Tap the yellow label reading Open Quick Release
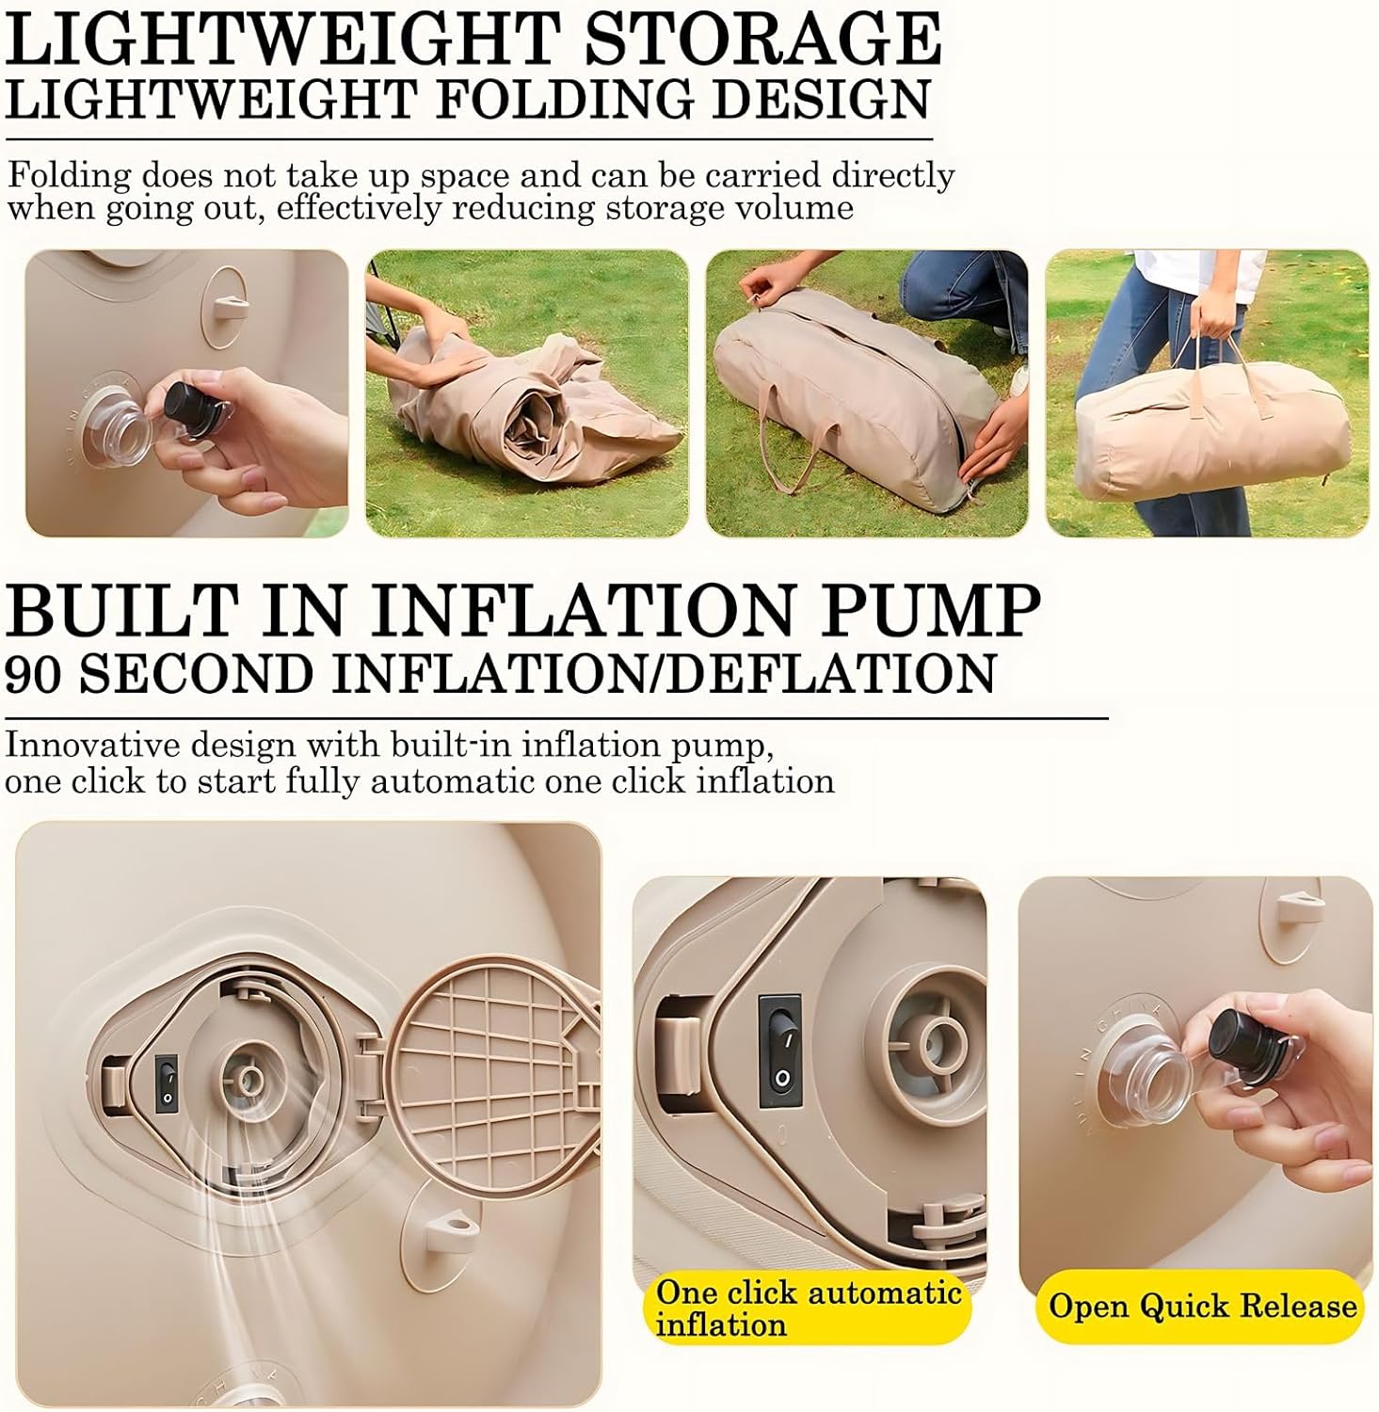click(1202, 1306)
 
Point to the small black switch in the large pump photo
click(168, 1080)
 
